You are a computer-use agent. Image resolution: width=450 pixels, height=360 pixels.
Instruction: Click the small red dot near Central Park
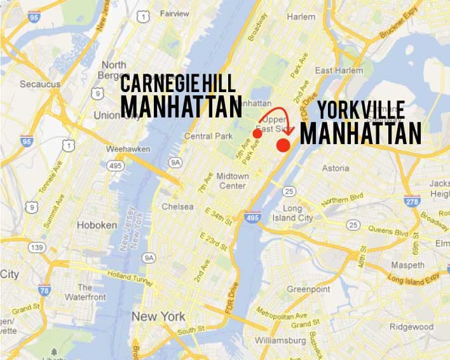click(x=257, y=134)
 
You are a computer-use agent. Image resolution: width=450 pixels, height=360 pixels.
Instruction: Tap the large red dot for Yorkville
click(x=283, y=145)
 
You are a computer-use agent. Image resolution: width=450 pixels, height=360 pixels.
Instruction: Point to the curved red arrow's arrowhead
click(x=283, y=132)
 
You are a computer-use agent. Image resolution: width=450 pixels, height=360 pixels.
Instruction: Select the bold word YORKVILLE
click(x=360, y=110)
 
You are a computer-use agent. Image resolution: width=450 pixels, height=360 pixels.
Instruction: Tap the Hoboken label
click(x=97, y=225)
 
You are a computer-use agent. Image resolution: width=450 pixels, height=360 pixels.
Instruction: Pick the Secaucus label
click(x=40, y=84)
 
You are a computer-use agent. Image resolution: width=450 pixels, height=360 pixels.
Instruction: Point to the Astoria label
click(x=336, y=168)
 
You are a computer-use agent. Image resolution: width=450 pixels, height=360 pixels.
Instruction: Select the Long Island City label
click(x=297, y=213)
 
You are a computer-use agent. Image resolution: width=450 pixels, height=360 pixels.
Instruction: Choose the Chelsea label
click(x=177, y=206)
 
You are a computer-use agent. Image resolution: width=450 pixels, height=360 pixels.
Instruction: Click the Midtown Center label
click(x=232, y=180)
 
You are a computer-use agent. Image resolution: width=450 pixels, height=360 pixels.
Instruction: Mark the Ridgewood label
click(x=411, y=327)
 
